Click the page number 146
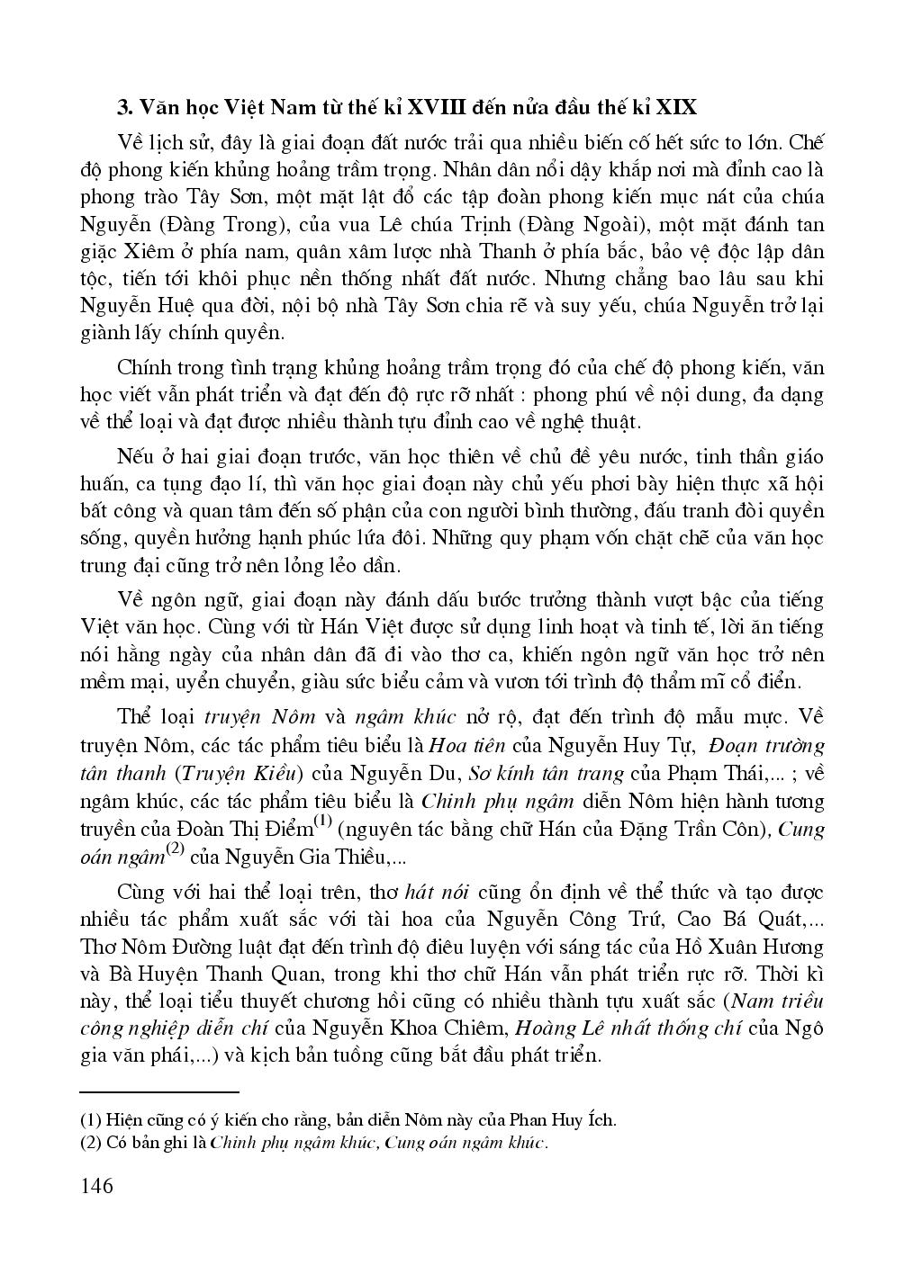click(x=96, y=1185)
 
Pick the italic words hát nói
click(x=439, y=893)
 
